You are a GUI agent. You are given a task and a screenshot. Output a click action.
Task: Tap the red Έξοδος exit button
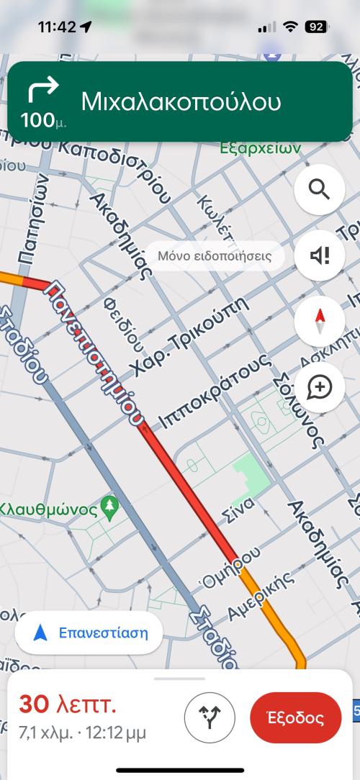pos(295,717)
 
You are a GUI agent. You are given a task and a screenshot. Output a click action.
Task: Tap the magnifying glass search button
pos(319,190)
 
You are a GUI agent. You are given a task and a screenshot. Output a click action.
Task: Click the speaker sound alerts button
pos(319,255)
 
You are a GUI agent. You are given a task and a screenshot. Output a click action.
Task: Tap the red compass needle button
pos(319,322)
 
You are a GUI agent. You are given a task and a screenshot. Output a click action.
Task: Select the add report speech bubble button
pos(319,388)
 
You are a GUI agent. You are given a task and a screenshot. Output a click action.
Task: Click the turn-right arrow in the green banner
pos(43,91)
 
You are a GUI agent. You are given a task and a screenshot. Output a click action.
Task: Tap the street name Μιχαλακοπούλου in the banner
pos(180,101)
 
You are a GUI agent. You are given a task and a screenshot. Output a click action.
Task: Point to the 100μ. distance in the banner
pos(45,120)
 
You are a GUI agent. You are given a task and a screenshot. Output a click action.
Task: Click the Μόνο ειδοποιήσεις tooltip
pos(215,256)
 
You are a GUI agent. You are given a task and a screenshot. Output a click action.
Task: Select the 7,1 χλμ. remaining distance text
pos(46,733)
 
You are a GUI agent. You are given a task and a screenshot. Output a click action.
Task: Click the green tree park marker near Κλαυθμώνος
pos(110,506)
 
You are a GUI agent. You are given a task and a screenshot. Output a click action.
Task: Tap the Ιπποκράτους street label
pos(214,393)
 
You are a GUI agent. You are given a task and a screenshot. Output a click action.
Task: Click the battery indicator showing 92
pos(315,27)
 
